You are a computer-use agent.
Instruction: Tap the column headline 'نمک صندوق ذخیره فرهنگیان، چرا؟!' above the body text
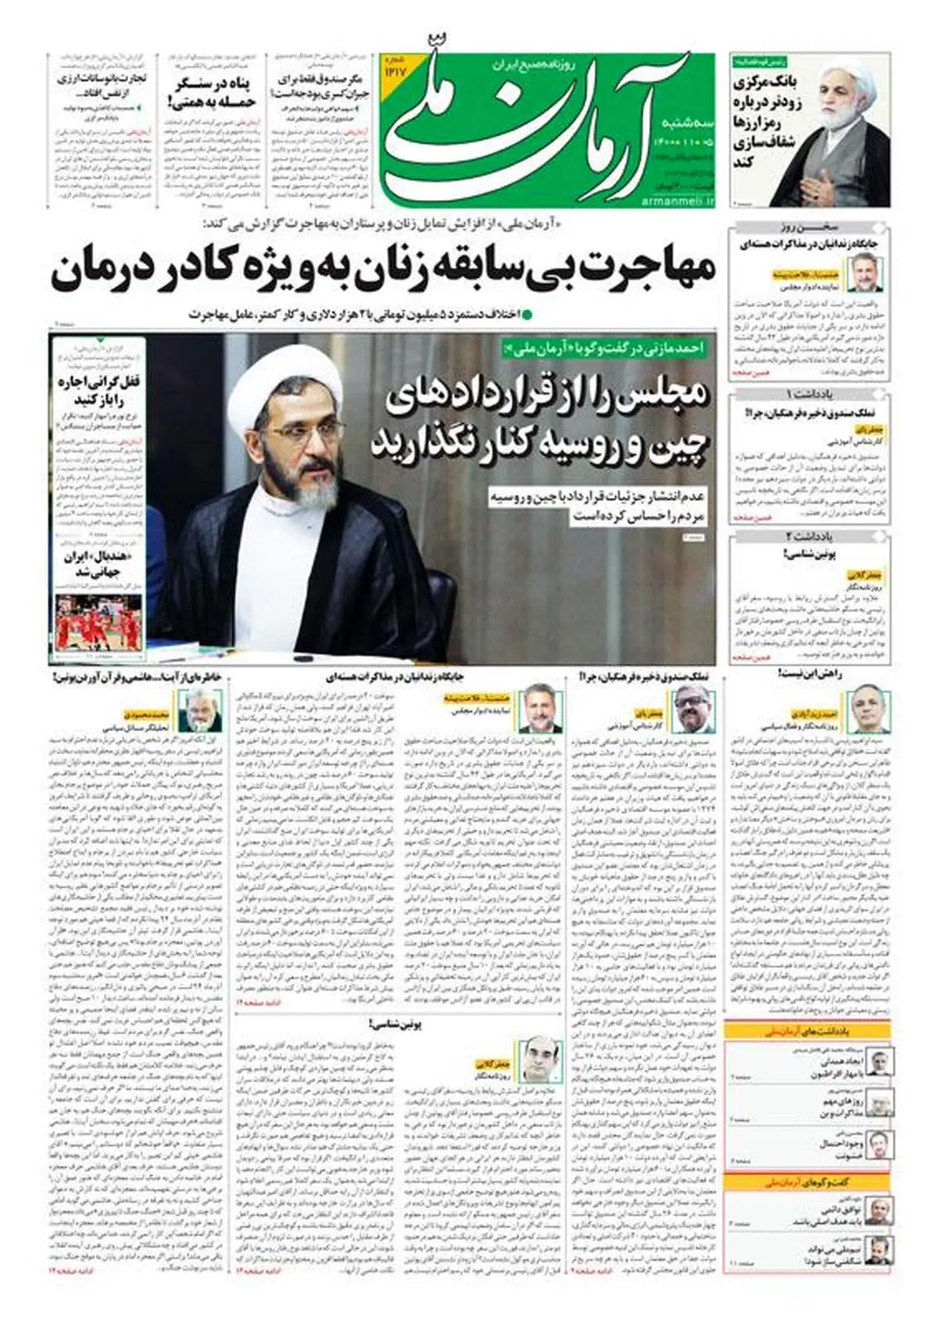[644, 677]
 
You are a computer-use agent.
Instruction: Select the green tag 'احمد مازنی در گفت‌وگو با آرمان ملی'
[607, 349]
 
